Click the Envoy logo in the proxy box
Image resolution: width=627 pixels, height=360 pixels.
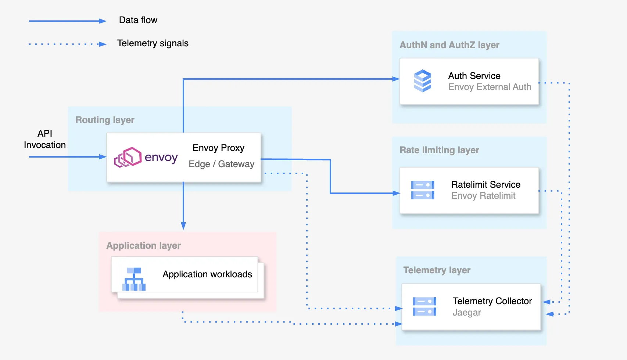(146, 158)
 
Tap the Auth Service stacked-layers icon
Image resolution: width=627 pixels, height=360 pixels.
(422, 81)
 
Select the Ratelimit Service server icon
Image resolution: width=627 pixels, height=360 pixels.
(422, 190)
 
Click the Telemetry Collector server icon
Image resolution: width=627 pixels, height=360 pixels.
(424, 306)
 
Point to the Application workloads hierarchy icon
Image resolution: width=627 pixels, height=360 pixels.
(134, 279)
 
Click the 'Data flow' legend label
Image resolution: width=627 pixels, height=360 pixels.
(138, 20)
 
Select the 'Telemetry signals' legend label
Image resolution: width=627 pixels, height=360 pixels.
(153, 43)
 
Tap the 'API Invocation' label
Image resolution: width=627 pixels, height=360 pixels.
(45, 139)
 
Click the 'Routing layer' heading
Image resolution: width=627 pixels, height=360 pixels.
(105, 120)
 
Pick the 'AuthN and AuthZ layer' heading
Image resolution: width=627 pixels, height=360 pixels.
(449, 45)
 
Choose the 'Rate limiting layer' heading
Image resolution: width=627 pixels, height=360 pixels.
(439, 150)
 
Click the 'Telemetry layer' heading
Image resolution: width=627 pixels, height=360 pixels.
(437, 270)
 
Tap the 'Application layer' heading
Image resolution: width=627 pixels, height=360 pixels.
(143, 246)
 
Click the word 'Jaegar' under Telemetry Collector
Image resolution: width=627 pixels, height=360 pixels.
(466, 313)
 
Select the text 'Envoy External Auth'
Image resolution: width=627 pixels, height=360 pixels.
(490, 87)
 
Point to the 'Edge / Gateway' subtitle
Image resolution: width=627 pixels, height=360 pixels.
(221, 164)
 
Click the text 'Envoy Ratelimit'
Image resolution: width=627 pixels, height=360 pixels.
(483, 196)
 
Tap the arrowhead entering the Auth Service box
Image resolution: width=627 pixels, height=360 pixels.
(396, 79)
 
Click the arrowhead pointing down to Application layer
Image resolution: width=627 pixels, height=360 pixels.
(183, 226)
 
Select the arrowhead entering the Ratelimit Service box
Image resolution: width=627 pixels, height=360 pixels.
(396, 193)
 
